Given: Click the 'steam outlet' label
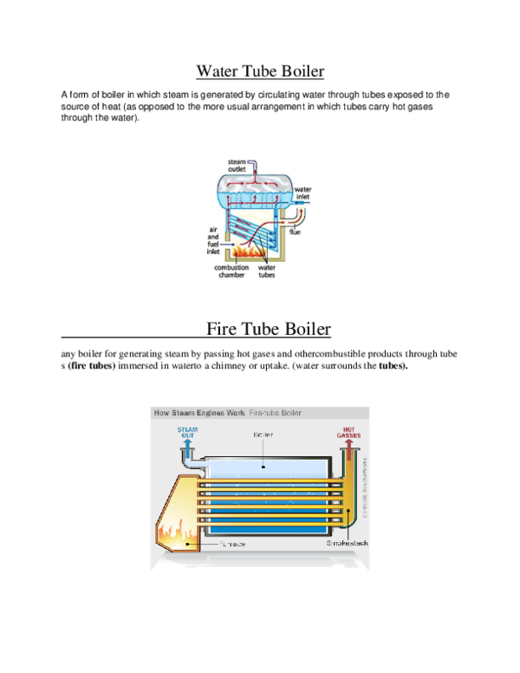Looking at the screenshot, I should click(x=237, y=165).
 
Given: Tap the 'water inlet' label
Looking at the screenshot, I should click(x=302, y=193).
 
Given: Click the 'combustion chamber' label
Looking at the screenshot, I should click(x=231, y=271).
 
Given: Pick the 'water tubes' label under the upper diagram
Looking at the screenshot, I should click(x=267, y=271).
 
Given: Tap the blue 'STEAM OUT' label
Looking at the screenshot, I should click(x=186, y=431).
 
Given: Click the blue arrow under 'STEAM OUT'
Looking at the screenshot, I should click(x=186, y=448).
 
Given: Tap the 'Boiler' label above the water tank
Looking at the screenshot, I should click(x=263, y=434).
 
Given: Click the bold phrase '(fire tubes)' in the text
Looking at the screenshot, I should click(x=92, y=366).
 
